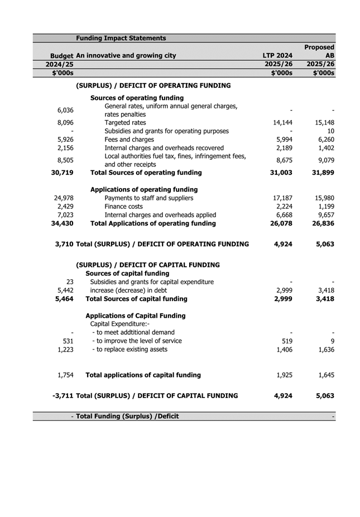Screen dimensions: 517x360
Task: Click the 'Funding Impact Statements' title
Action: (121, 38)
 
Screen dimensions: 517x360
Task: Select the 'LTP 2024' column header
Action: (278, 56)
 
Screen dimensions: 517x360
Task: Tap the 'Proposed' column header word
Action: (319, 47)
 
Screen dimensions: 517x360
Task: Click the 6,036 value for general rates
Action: (65, 110)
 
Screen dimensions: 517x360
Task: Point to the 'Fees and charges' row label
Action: (129, 140)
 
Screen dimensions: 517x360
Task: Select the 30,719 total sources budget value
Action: (62, 173)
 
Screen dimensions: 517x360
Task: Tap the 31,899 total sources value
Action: (321, 173)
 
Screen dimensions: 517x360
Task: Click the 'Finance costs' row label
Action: (123, 207)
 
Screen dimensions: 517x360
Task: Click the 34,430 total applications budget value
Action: (62, 223)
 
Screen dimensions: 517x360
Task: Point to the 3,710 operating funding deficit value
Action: (63, 244)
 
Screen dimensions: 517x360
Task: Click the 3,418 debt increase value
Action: (324, 290)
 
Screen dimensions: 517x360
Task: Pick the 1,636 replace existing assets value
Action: (324, 350)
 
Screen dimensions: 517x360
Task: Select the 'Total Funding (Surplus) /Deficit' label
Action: (127, 416)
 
